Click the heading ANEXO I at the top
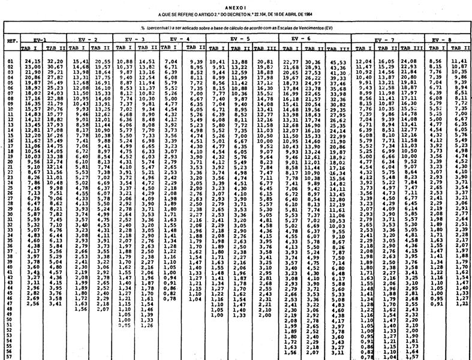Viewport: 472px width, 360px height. click(x=236, y=4)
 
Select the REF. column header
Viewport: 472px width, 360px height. click(x=11, y=42)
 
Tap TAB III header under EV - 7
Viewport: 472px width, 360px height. click(x=410, y=47)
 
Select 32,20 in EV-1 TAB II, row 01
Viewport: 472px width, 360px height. click(x=55, y=61)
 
